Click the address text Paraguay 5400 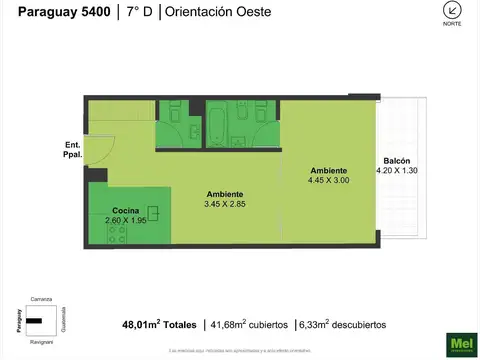pos(58,12)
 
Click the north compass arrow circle pos(453,10)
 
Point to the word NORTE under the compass pos(453,25)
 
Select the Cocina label pos(126,211)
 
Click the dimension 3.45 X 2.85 pos(225,203)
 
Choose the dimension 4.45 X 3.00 pos(329,179)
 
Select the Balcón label pos(397,161)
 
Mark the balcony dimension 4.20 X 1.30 pos(397,171)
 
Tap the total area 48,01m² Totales pos(158,324)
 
